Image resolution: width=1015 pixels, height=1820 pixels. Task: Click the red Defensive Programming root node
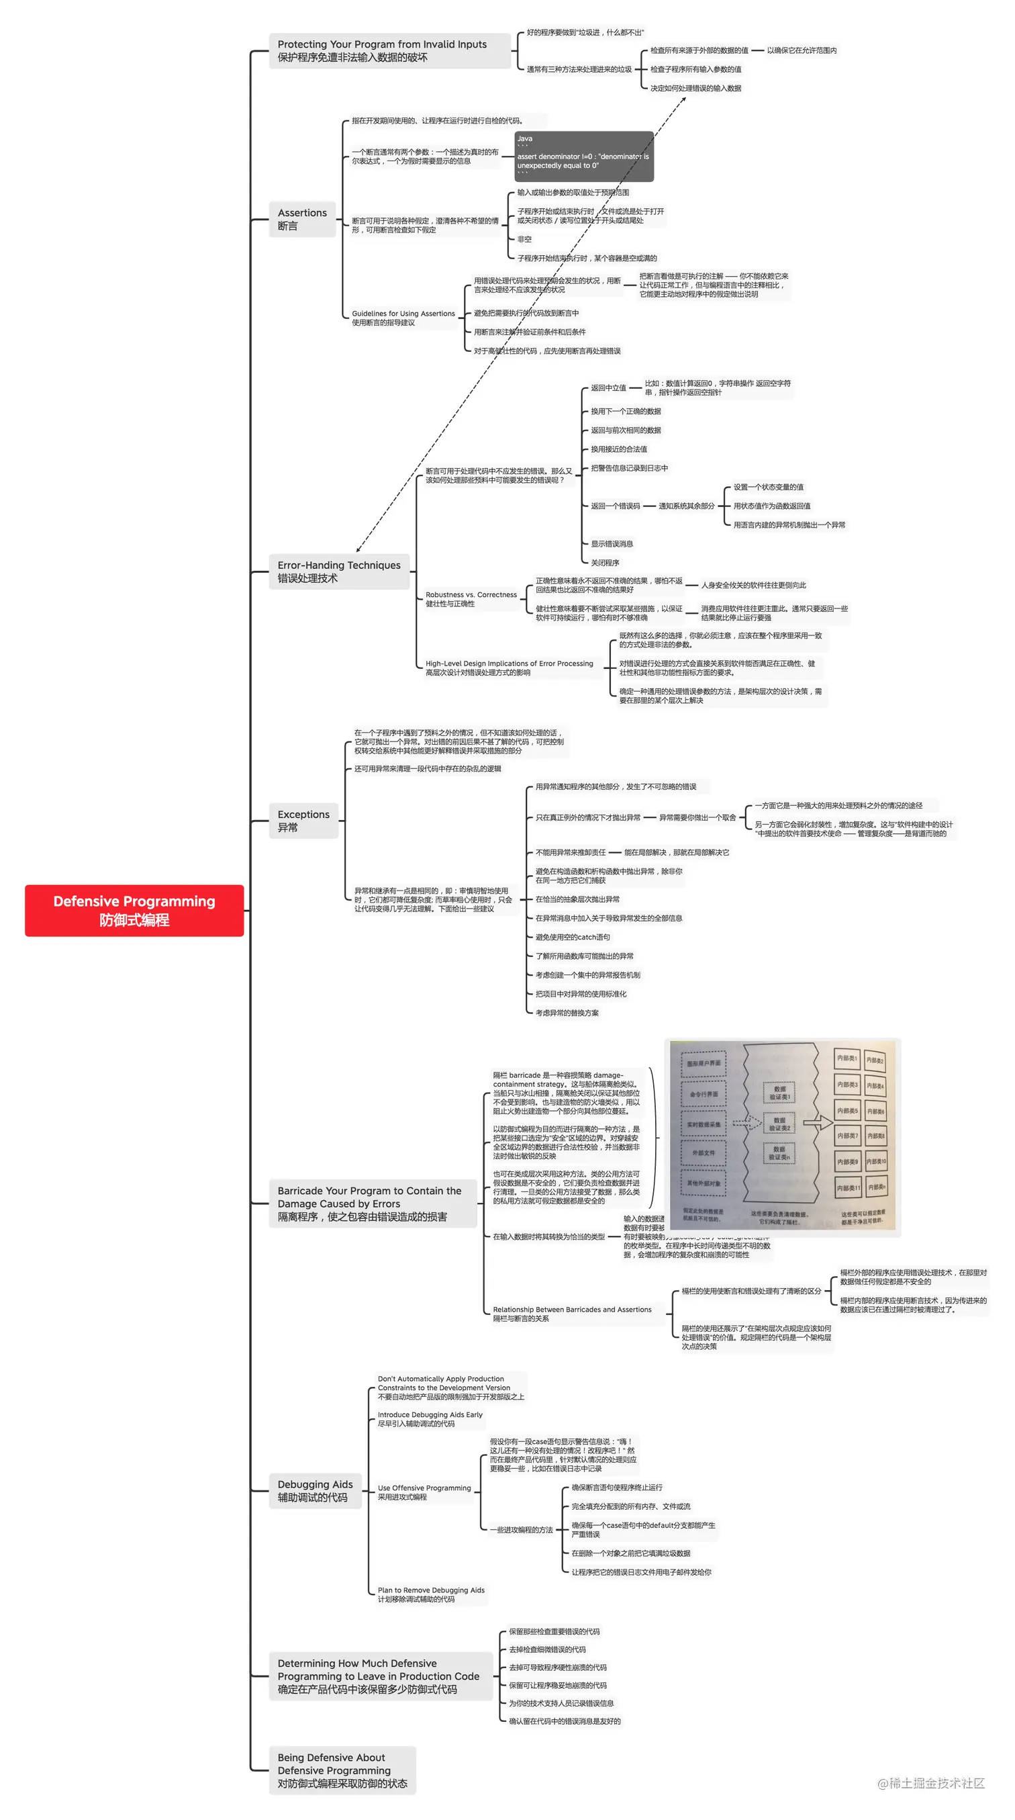(134, 910)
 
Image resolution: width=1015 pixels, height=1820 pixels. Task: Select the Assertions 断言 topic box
(301, 219)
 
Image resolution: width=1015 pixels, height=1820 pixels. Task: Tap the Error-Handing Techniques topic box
(338, 571)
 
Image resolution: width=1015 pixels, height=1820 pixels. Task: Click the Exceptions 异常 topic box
(303, 820)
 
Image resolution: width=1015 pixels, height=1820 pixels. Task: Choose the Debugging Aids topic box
(314, 1490)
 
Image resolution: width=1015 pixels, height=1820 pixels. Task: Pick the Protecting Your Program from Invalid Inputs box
(389, 51)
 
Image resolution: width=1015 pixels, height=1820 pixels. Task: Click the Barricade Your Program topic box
(373, 1203)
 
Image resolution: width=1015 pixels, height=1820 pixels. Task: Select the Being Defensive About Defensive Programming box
(342, 1770)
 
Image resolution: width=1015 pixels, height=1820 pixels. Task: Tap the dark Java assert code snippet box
(583, 156)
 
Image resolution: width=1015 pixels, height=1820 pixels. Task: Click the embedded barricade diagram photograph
(782, 1133)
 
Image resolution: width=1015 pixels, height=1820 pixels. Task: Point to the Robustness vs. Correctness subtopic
(471, 598)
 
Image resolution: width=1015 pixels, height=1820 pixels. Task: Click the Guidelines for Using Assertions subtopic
(403, 318)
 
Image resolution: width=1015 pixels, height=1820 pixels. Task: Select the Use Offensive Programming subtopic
(424, 1492)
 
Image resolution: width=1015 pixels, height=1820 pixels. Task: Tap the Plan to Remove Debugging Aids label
(430, 1594)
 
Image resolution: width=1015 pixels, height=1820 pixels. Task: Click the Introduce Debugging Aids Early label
(430, 1418)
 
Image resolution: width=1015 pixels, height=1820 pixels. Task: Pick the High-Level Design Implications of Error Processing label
(509, 667)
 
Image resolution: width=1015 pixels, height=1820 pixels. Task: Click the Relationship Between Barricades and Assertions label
(571, 1314)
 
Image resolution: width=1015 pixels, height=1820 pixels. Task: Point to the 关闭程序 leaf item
(605, 562)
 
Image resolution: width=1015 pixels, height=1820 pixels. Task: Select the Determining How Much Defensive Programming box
(379, 1676)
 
